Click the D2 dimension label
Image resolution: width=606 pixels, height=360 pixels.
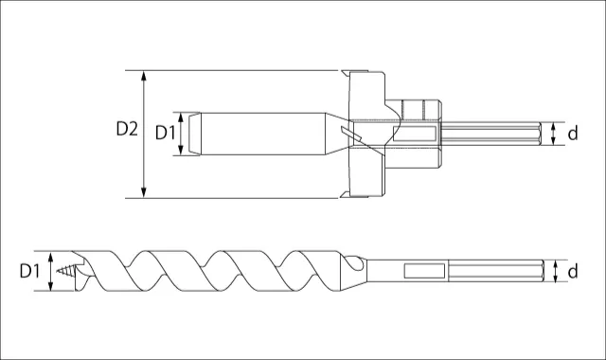pos(127,129)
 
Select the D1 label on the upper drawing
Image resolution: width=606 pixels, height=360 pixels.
pos(165,133)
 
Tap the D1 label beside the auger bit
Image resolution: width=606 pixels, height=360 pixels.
pos(29,271)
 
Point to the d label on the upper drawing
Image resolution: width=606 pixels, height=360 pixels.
pos(573,134)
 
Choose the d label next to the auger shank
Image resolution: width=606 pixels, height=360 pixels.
pos(573,271)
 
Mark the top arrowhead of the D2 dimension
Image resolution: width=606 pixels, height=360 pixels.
pos(144,76)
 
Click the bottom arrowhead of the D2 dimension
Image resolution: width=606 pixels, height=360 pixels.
pos(144,193)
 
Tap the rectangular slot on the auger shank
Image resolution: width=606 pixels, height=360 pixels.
pos(424,271)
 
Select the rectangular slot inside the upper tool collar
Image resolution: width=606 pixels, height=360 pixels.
pos(415,134)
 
